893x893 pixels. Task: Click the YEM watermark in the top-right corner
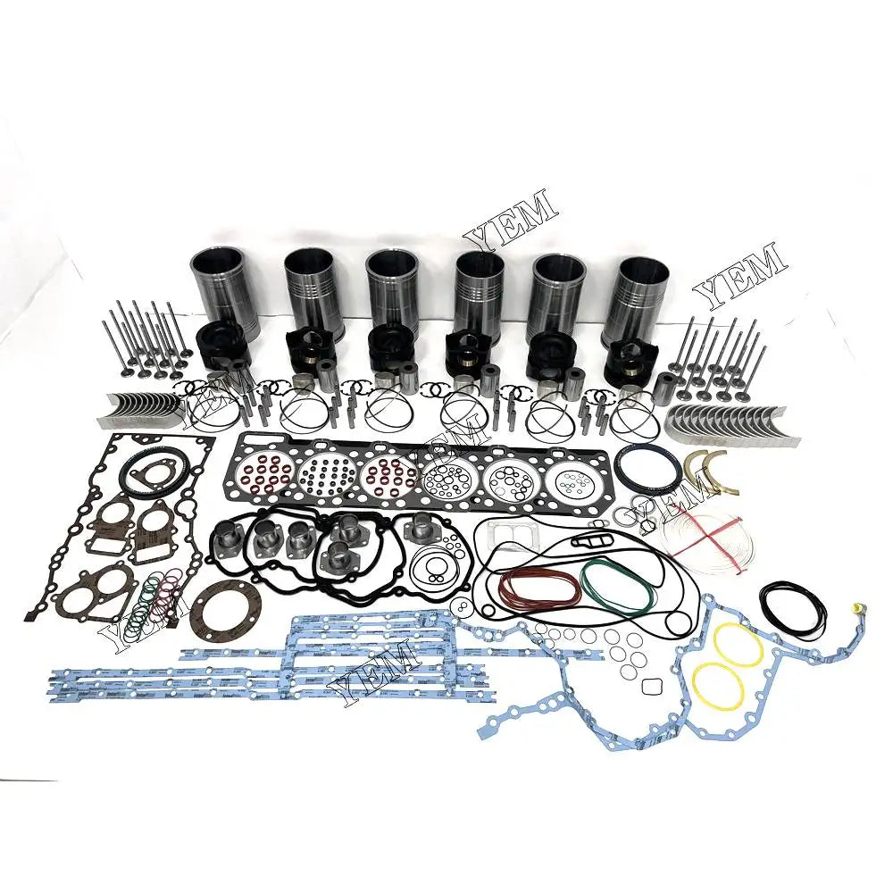740,275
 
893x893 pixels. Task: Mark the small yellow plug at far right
855,621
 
